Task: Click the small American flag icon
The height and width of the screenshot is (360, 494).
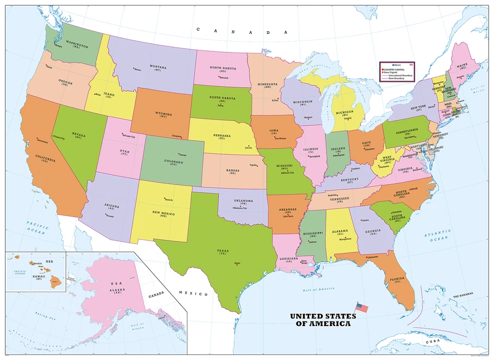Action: point(363,308)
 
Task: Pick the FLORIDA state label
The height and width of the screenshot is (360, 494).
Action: point(397,281)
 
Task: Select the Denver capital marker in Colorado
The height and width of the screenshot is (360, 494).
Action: point(179,154)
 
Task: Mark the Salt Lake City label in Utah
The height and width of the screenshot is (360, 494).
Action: point(128,137)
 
